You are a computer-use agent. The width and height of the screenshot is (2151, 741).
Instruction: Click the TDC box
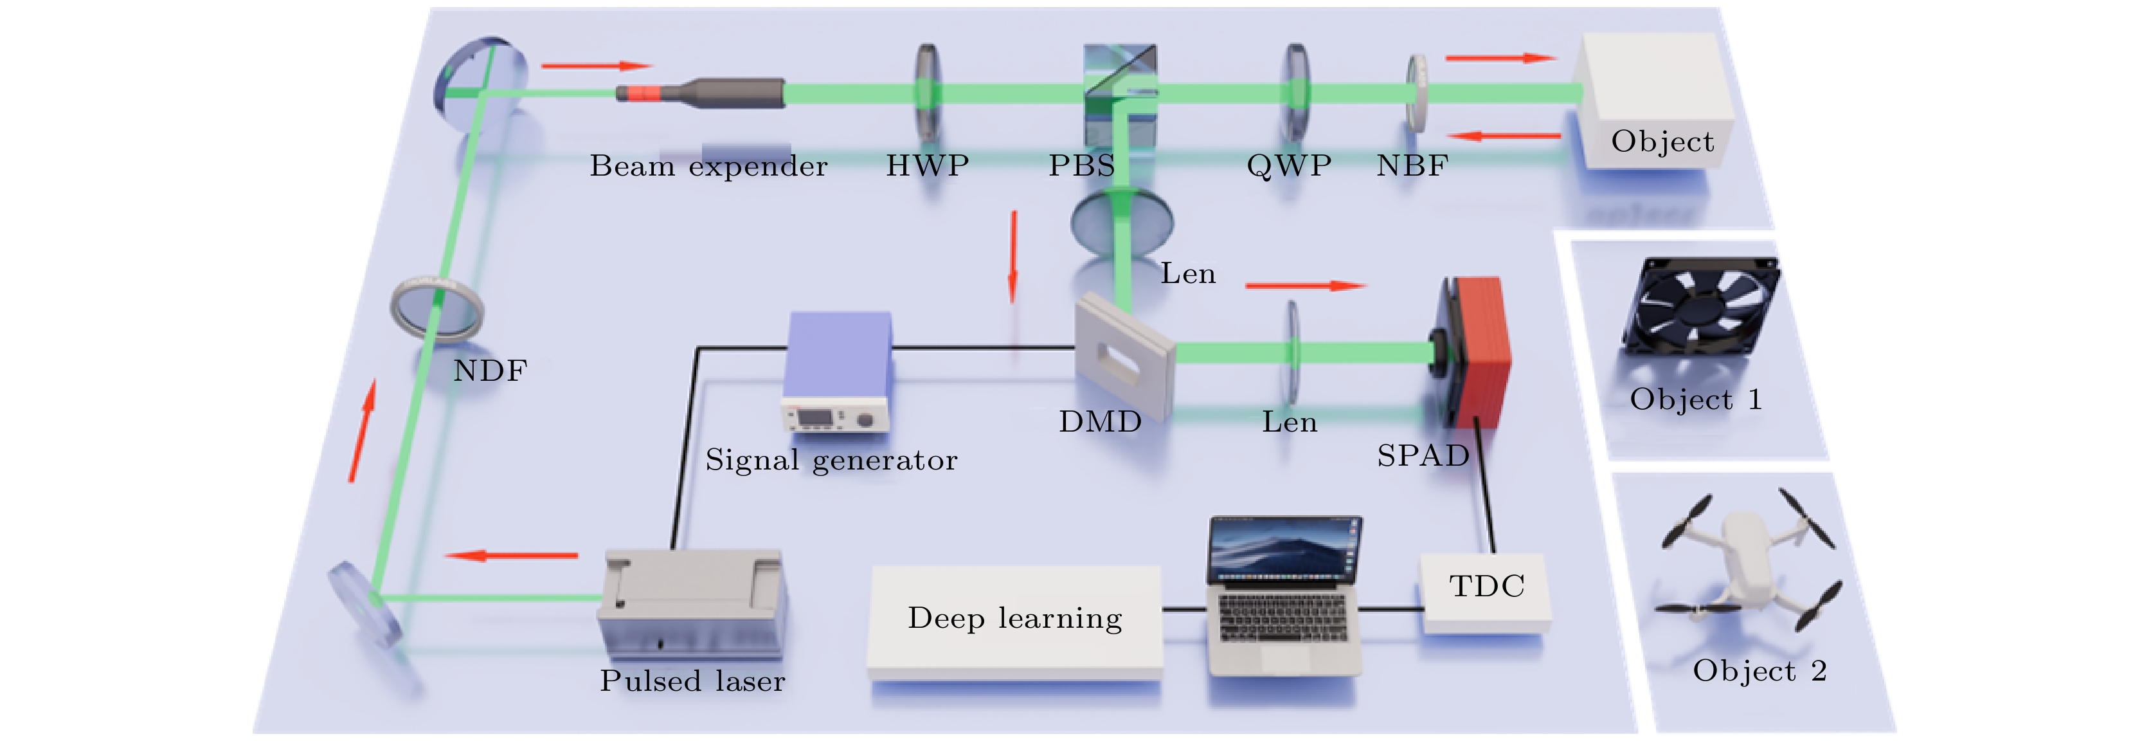pyautogui.click(x=1486, y=592)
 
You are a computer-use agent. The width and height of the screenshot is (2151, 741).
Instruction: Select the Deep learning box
pyautogui.click(x=1014, y=618)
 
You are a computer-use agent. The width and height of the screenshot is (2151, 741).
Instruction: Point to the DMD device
pyautogui.click(x=1123, y=356)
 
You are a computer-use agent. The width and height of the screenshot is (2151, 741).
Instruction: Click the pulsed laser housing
pyautogui.click(x=692, y=601)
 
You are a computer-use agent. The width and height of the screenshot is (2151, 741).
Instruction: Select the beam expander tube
pyautogui.click(x=701, y=92)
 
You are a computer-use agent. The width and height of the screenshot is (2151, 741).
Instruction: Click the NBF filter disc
pyautogui.click(x=1416, y=93)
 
